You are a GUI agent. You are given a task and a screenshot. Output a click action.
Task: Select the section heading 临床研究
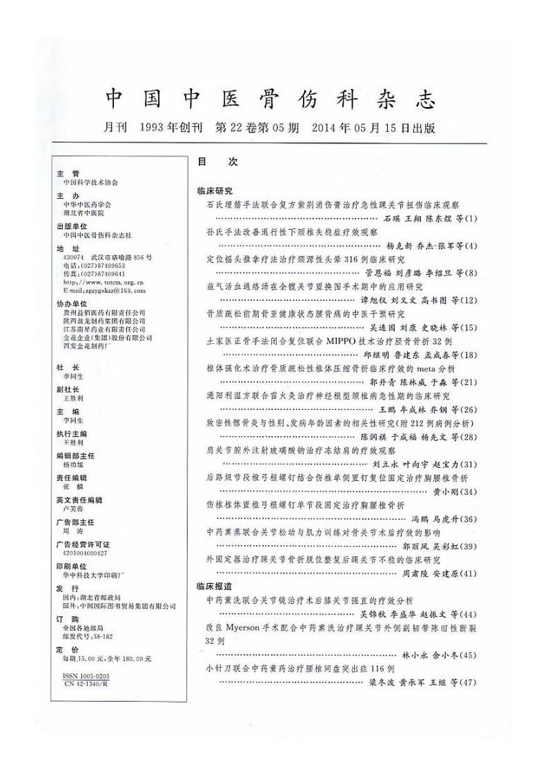[x=215, y=190]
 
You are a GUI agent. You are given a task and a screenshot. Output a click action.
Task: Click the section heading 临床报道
[x=215, y=585]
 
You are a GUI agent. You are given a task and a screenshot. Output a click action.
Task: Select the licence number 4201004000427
[x=85, y=552]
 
